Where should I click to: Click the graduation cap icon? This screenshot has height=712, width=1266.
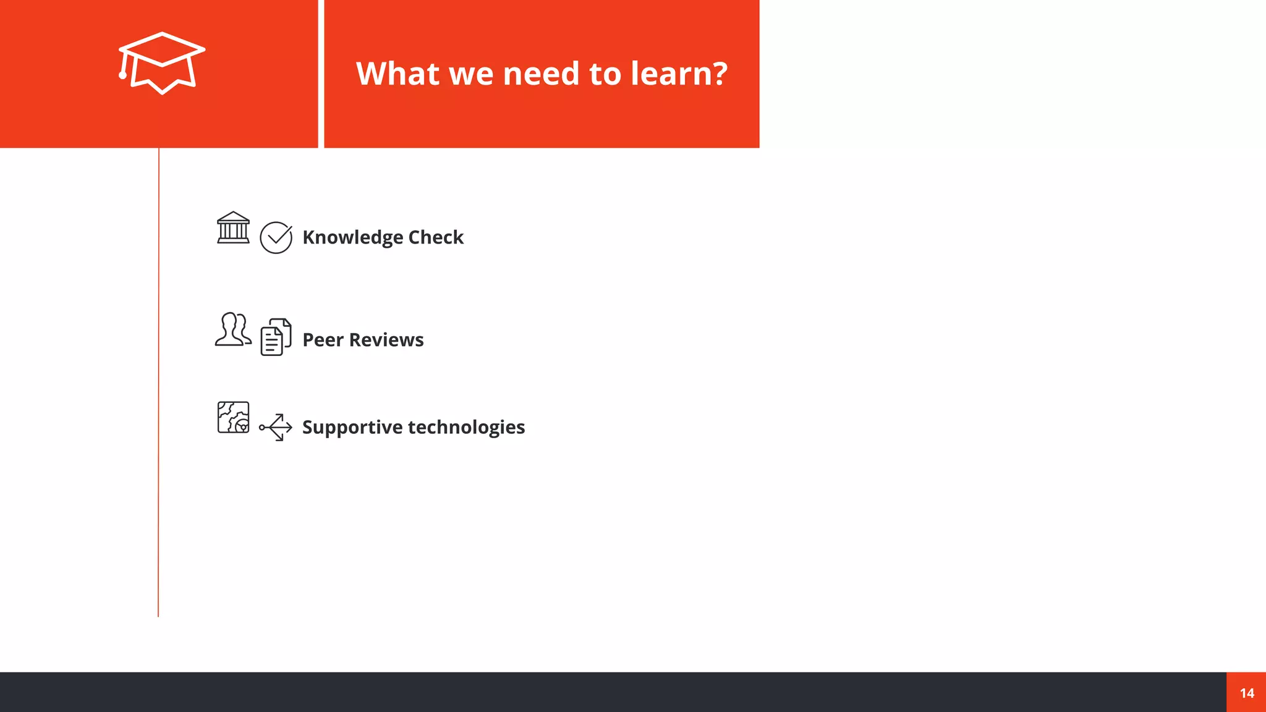(x=162, y=62)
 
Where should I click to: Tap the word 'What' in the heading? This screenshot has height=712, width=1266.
(x=398, y=74)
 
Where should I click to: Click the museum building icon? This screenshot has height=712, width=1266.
(x=233, y=227)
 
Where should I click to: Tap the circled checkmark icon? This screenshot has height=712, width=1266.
(x=276, y=237)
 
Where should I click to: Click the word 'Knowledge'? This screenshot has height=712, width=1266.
(x=352, y=237)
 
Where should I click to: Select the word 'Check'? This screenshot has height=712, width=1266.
(x=436, y=237)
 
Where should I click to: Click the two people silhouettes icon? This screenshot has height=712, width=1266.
(x=233, y=329)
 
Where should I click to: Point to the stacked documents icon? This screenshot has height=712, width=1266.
(x=276, y=337)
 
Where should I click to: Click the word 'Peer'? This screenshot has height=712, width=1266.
(x=323, y=340)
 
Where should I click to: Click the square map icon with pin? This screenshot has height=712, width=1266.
(x=233, y=417)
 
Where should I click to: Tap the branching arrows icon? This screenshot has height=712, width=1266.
(x=276, y=427)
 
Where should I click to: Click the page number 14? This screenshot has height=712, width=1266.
(x=1247, y=693)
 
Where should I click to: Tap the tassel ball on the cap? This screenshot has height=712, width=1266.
(x=123, y=75)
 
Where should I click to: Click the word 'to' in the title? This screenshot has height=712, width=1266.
(x=605, y=74)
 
